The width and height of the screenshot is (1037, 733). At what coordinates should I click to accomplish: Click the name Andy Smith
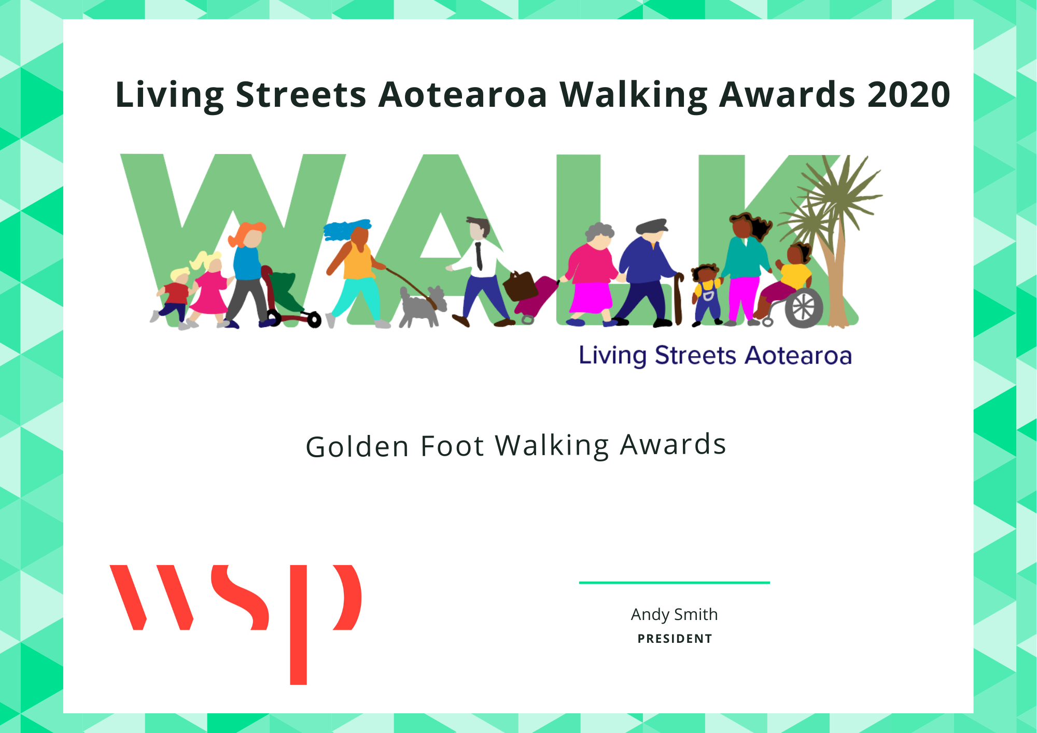coord(674,614)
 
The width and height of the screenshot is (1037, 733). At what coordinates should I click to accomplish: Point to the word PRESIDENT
coord(675,639)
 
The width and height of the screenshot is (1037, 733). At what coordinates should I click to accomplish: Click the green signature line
coord(674,583)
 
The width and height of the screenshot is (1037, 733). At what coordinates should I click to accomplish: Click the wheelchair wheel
coord(804,308)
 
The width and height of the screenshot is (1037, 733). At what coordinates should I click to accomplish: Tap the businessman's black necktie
coord(479,256)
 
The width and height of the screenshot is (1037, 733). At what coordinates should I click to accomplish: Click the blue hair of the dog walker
coord(346,229)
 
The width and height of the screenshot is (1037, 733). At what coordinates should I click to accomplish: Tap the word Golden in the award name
coord(358,446)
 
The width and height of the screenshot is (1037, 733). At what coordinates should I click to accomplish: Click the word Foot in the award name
coord(452,446)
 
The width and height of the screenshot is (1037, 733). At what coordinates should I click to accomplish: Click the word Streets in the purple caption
coord(695,356)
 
